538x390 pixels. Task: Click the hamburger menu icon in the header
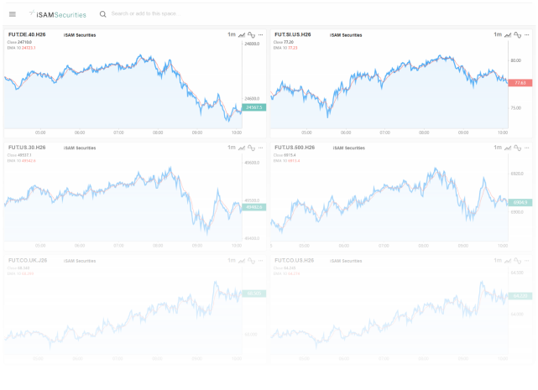pyautogui.click(x=13, y=14)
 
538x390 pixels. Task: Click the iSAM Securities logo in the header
pyautogui.click(x=57, y=14)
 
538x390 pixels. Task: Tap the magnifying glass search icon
pyautogui.click(x=102, y=14)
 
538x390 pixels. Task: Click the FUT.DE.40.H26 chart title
pyautogui.click(x=27, y=34)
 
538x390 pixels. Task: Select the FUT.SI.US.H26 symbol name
pyautogui.click(x=294, y=34)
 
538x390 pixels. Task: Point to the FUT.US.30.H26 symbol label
pyautogui.click(x=27, y=148)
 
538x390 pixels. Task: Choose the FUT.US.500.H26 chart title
pyautogui.click(x=295, y=148)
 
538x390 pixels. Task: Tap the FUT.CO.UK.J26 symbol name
pyautogui.click(x=28, y=260)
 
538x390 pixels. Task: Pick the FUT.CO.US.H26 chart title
pyautogui.click(x=295, y=260)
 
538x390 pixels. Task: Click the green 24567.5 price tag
pyautogui.click(x=253, y=107)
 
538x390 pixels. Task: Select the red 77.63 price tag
pyautogui.click(x=520, y=83)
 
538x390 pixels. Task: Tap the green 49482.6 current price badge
pyautogui.click(x=253, y=206)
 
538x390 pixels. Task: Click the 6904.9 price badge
pyautogui.click(x=520, y=202)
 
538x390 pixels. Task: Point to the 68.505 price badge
pyautogui.click(x=253, y=294)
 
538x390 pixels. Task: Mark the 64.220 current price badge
pyautogui.click(x=520, y=296)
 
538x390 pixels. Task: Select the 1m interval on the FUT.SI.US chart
pyautogui.click(x=498, y=34)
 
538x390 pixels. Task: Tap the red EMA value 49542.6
pyautogui.click(x=29, y=160)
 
